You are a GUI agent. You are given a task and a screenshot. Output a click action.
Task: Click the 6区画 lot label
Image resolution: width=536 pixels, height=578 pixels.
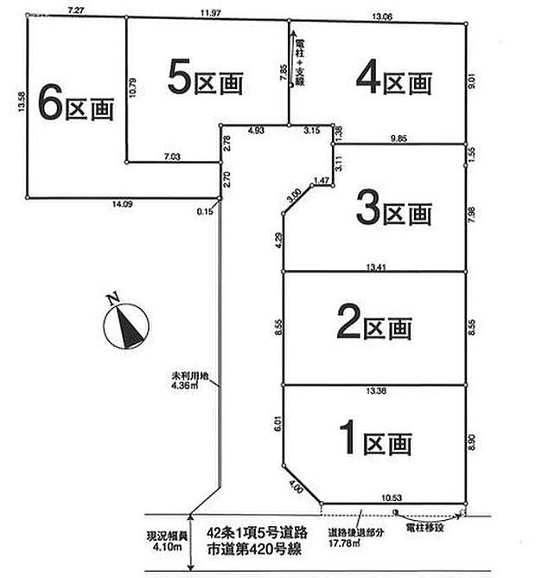coord(76,107)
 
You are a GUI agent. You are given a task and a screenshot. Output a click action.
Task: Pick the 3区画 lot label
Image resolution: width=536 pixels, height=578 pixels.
coord(393,209)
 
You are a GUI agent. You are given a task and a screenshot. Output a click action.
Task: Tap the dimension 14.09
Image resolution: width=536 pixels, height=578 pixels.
coord(119,205)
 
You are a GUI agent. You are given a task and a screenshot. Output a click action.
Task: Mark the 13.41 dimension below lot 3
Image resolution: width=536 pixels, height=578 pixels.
coord(374,267)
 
